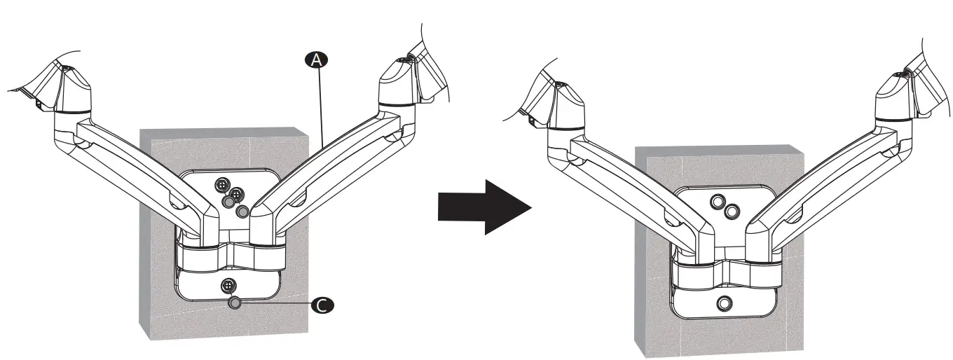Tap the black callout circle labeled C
[x=322, y=305]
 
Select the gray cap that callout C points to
[x=235, y=303]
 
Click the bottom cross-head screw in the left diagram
[x=228, y=285]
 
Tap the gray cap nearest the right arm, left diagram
[x=243, y=211]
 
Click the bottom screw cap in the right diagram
[x=725, y=303]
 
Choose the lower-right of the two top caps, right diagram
[x=731, y=211]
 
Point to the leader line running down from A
[x=321, y=105]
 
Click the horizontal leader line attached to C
[x=277, y=304]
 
